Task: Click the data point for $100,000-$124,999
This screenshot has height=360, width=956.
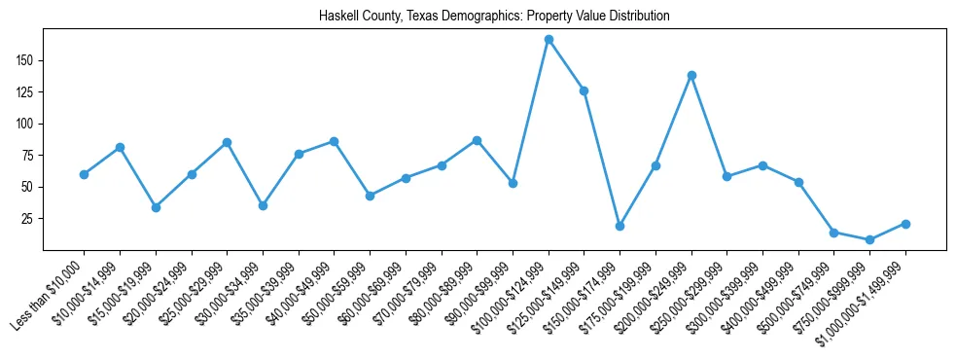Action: (x=549, y=40)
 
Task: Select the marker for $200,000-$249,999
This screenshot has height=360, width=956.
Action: (x=691, y=75)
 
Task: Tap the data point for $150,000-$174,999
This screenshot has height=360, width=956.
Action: (x=620, y=226)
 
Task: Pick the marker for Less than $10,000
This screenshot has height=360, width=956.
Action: (x=84, y=174)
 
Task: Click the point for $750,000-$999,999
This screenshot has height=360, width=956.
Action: (x=869, y=239)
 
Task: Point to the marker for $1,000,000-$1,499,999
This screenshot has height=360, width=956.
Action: (x=905, y=224)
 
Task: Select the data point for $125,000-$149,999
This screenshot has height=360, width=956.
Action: (x=584, y=90)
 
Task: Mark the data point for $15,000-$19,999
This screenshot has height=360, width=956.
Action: (x=156, y=207)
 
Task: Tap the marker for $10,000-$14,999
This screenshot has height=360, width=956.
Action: (x=120, y=147)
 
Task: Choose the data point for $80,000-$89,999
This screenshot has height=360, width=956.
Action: (x=477, y=140)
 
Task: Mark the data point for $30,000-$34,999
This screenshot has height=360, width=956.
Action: (x=263, y=205)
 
